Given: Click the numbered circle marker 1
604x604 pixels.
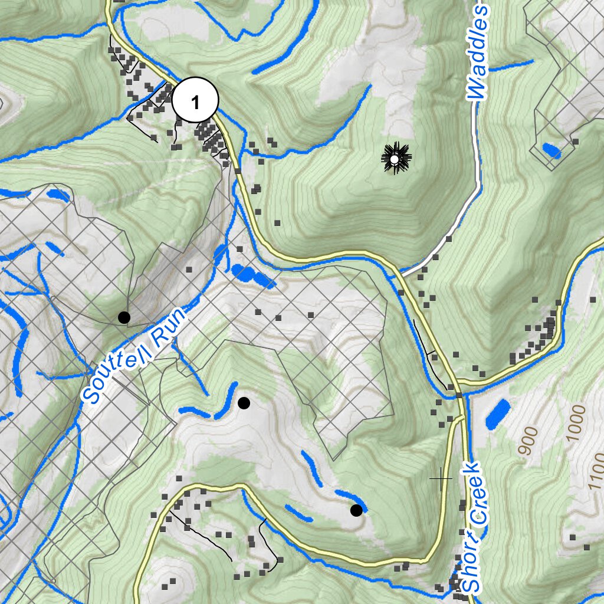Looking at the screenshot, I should tap(195, 101).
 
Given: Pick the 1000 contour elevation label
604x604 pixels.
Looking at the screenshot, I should tap(576, 424).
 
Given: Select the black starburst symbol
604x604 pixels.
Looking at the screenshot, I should tap(396, 158).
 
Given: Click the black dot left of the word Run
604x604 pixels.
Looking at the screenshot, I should tap(124, 317).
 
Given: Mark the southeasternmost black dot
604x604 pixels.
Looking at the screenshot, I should tap(356, 510).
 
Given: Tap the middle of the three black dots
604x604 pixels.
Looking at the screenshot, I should tap(244, 403).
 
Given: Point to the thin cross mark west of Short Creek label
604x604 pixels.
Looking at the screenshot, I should tap(441, 478).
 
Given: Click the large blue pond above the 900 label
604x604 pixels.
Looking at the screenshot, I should tap(498, 413).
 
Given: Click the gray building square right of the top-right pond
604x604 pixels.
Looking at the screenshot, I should tap(575, 142).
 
